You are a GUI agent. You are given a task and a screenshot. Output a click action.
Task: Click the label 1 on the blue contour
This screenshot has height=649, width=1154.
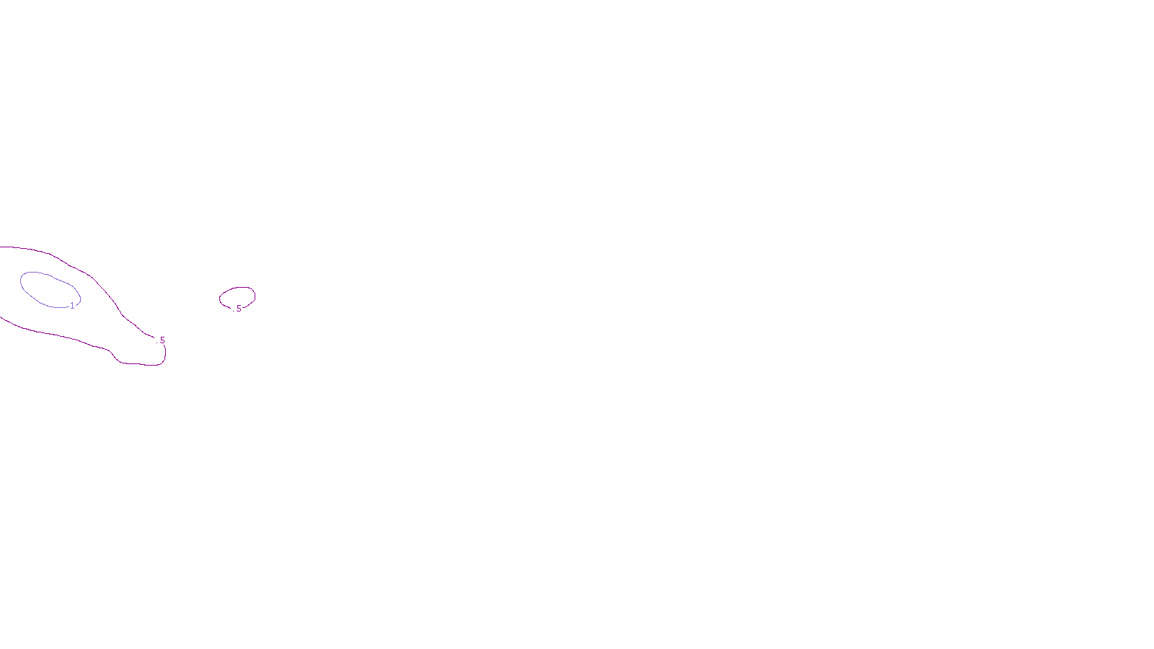(x=72, y=306)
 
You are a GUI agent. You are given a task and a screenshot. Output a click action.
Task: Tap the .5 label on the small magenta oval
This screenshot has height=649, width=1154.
(x=238, y=309)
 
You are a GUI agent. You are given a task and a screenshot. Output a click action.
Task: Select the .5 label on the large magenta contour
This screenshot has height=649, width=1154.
(x=162, y=340)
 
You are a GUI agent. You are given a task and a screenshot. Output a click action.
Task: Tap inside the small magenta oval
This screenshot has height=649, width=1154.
(x=237, y=296)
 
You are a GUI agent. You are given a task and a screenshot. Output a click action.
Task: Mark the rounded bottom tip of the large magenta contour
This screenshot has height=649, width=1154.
(x=144, y=364)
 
